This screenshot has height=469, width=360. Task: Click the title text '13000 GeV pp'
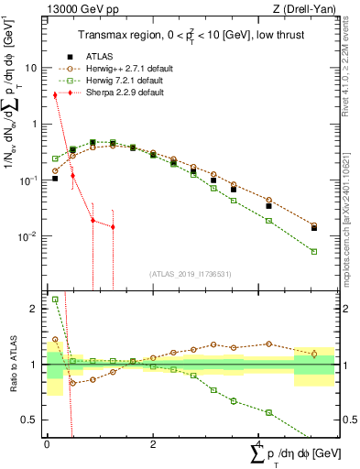[78, 10]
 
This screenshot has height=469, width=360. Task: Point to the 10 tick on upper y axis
[33, 68]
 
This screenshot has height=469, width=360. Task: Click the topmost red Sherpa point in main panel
[55, 94]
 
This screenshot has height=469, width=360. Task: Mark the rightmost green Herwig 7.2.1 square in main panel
[314, 251]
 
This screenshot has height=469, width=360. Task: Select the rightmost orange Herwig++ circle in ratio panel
[314, 354]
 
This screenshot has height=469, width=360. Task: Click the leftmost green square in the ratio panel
[55, 299]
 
